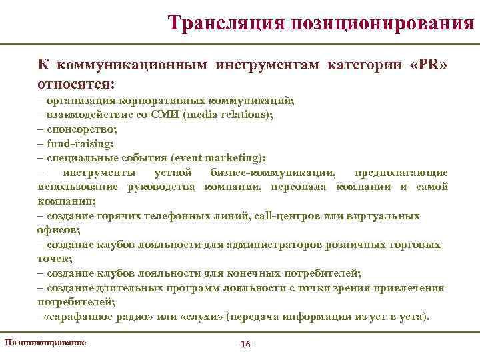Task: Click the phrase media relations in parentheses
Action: pos(236,114)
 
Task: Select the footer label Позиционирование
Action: pos(45,342)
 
